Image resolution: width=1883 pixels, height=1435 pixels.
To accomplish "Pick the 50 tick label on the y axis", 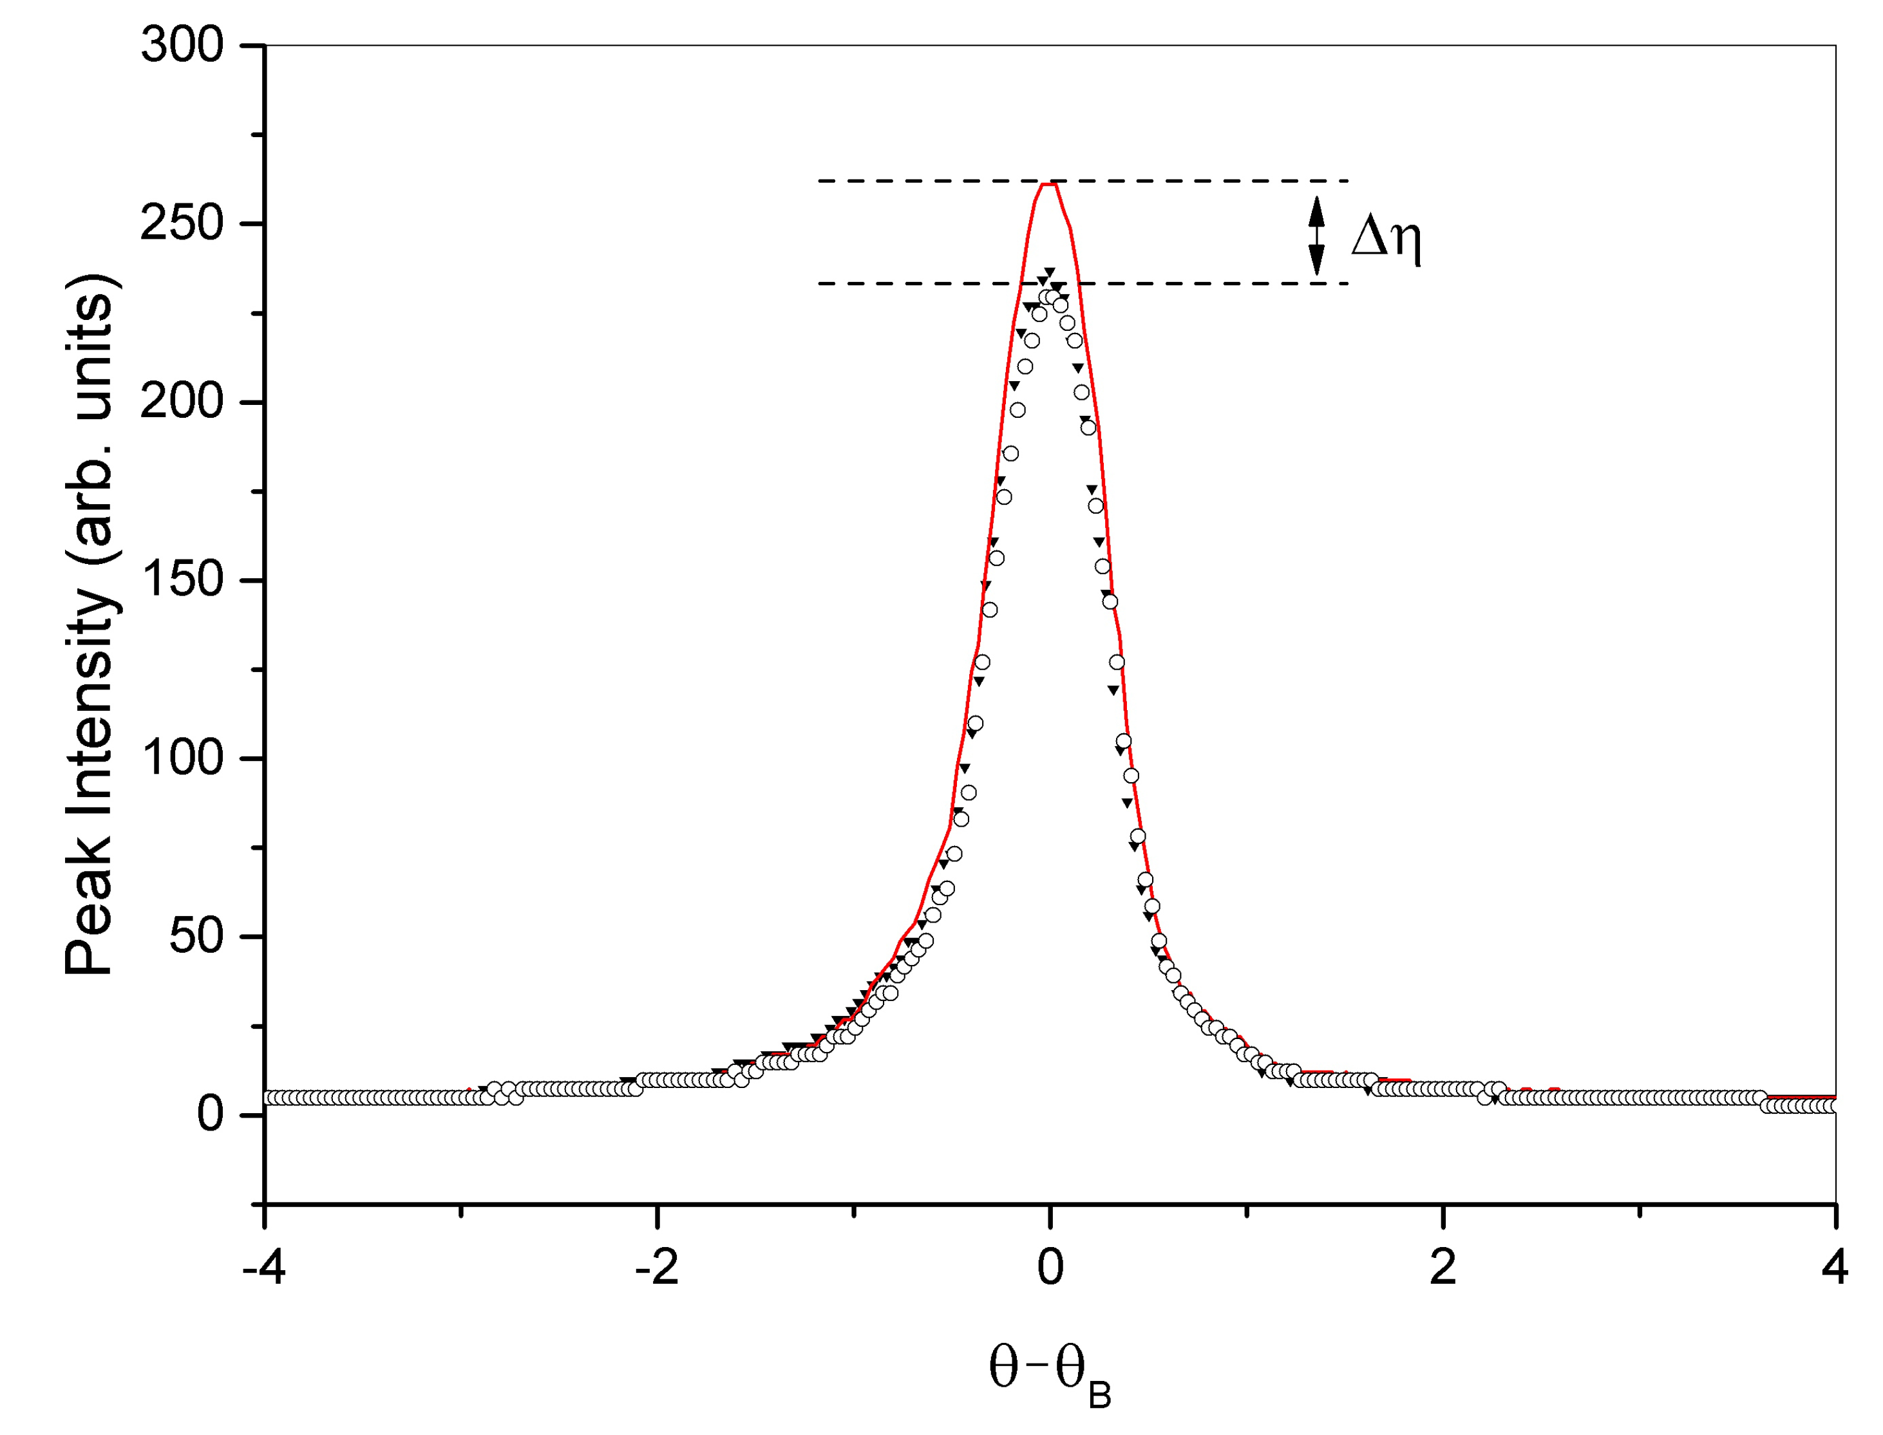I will [196, 936].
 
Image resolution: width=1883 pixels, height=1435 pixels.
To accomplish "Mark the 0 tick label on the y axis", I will [210, 1114].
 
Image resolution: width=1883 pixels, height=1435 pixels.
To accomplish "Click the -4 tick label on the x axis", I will [264, 1267].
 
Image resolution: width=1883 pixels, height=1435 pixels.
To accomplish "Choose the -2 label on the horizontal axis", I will [656, 1267].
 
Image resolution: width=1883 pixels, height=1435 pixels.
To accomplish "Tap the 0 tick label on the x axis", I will [1050, 1267].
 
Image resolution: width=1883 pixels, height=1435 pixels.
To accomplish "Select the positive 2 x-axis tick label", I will [1443, 1267].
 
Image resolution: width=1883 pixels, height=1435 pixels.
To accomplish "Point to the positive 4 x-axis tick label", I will [1835, 1267].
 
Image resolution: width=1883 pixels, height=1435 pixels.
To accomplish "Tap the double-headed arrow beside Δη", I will [1316, 235].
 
